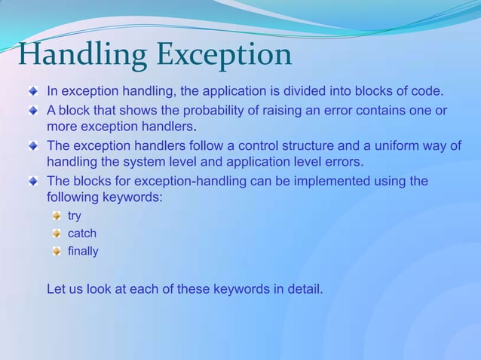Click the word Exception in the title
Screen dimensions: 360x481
[x=224, y=55]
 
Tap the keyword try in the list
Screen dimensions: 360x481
[x=75, y=216]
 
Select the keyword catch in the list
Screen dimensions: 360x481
[x=82, y=233]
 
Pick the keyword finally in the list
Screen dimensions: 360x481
[x=83, y=251]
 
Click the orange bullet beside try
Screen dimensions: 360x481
[x=57, y=216]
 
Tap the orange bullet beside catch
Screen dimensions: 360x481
[x=57, y=233]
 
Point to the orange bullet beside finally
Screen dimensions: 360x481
[x=57, y=251]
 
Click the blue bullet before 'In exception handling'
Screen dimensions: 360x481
[x=33, y=92]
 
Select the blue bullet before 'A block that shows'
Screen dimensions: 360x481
[x=33, y=111]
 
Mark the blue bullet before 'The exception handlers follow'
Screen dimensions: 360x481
[x=33, y=145]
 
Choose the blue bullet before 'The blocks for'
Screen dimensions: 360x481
[x=33, y=182]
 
